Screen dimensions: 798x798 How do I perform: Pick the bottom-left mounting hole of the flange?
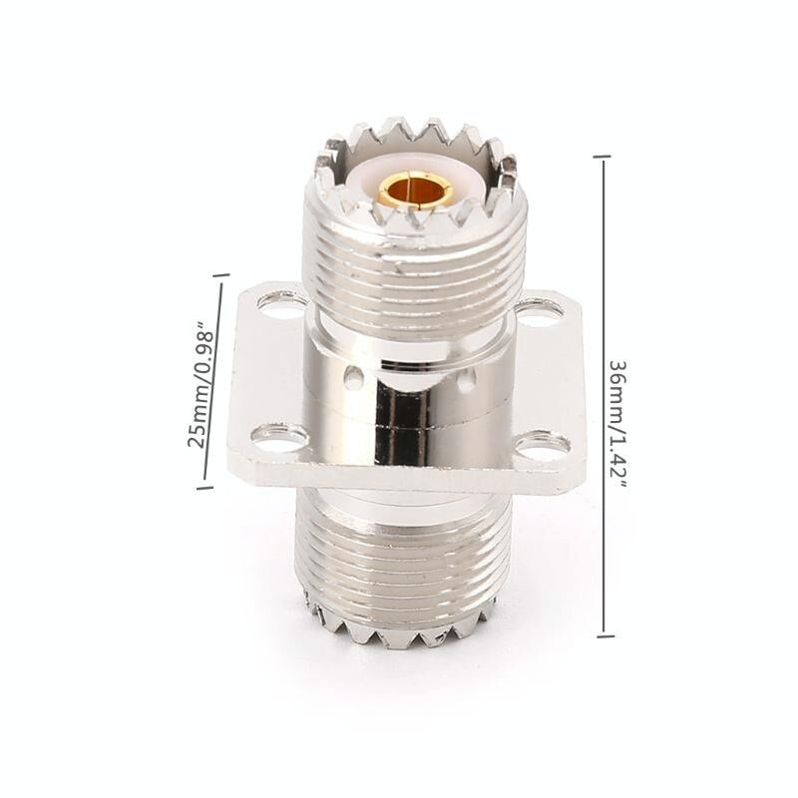(x=279, y=437)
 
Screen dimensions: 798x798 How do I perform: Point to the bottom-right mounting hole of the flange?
(x=543, y=444)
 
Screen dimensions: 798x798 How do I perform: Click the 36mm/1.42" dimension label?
(x=617, y=424)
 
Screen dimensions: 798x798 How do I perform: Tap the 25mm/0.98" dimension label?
(x=199, y=385)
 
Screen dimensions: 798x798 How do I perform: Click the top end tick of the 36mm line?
(x=602, y=158)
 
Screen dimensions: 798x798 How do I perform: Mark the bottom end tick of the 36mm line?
(x=605, y=635)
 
